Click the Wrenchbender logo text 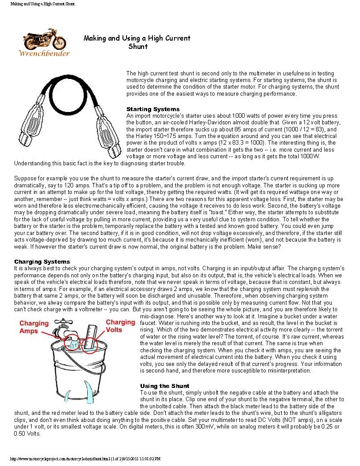pos(44,53)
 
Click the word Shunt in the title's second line pos(138,46)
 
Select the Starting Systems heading pos(153,109)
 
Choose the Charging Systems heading pos(42,262)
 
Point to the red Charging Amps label pos(33,327)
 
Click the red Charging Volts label pos(120,325)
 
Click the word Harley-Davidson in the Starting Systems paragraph pos(257,122)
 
